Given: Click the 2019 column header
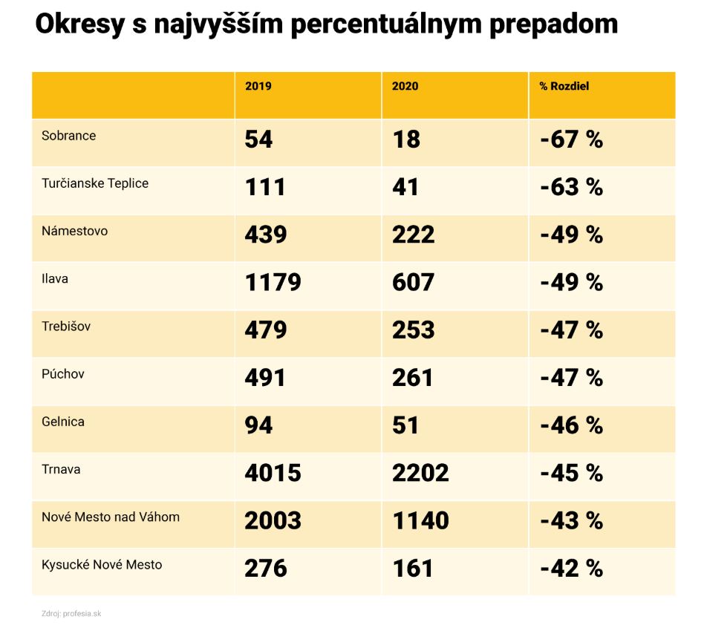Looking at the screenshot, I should pyautogui.click(x=258, y=86).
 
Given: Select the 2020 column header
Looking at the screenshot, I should pyautogui.click(x=405, y=86).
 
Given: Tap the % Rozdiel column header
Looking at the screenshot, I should pyautogui.click(x=564, y=86).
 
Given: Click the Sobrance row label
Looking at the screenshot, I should pyautogui.click(x=69, y=136).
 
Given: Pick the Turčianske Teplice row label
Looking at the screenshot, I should pyautogui.click(x=95, y=183).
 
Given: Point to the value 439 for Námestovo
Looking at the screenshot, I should pyautogui.click(x=265, y=235).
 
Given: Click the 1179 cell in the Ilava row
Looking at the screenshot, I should pyautogui.click(x=273, y=282).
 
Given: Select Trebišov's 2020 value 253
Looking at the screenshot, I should pyautogui.click(x=413, y=330).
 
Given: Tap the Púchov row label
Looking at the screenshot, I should pyautogui.click(x=63, y=374).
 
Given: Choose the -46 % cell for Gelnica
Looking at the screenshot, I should pyautogui.click(x=571, y=425).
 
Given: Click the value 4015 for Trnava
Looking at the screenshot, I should pyautogui.click(x=273, y=473).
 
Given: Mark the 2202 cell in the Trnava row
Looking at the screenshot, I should pyautogui.click(x=420, y=473).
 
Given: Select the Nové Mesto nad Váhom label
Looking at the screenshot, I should pyautogui.click(x=111, y=517).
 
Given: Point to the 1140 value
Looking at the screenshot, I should pyautogui.click(x=420, y=520).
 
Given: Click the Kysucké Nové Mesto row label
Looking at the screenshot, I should pyautogui.click(x=102, y=565).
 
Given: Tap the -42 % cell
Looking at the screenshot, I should pyautogui.click(x=571, y=569).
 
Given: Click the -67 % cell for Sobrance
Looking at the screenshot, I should pyautogui.click(x=571, y=140).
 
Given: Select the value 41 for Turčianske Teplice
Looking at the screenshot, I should pyautogui.click(x=405, y=187).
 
